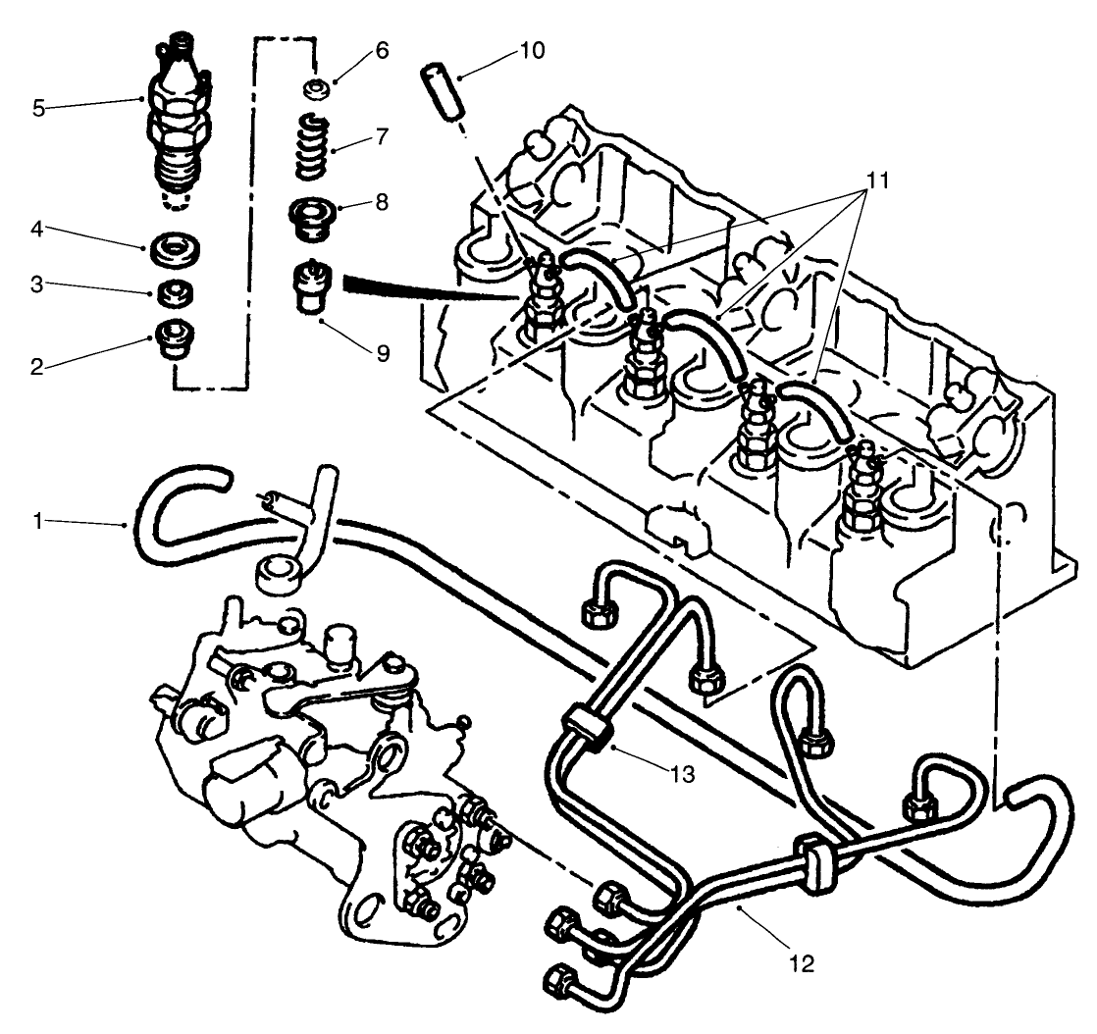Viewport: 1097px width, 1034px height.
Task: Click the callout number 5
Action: (x=38, y=108)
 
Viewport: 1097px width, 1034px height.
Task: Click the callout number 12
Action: (x=802, y=964)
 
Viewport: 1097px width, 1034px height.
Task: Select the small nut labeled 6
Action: (x=318, y=90)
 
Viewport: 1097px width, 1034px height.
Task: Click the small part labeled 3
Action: (x=175, y=291)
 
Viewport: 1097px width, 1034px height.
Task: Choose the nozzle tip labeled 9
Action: (x=312, y=285)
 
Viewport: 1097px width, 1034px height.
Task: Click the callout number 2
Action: (x=38, y=368)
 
